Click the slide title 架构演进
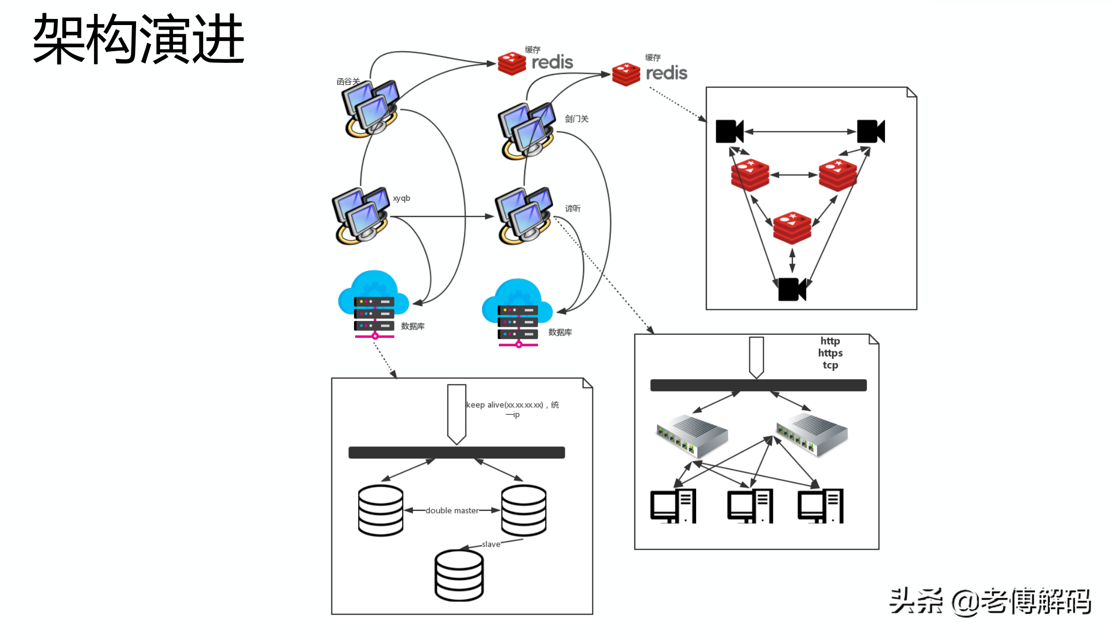click(x=139, y=39)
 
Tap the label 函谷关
click(x=348, y=81)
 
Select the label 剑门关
click(x=576, y=119)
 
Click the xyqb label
click(x=402, y=198)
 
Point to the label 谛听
click(x=573, y=209)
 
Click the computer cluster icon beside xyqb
click(x=361, y=215)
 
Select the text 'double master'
click(x=452, y=510)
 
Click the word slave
click(x=491, y=544)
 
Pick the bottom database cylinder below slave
click(x=459, y=575)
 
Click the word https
click(x=830, y=353)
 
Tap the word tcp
click(x=830, y=365)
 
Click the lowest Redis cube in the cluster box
click(x=792, y=227)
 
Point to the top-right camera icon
click(x=871, y=131)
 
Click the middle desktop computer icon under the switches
click(x=750, y=506)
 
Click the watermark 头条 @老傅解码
click(x=990, y=601)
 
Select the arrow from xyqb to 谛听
click(x=440, y=216)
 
